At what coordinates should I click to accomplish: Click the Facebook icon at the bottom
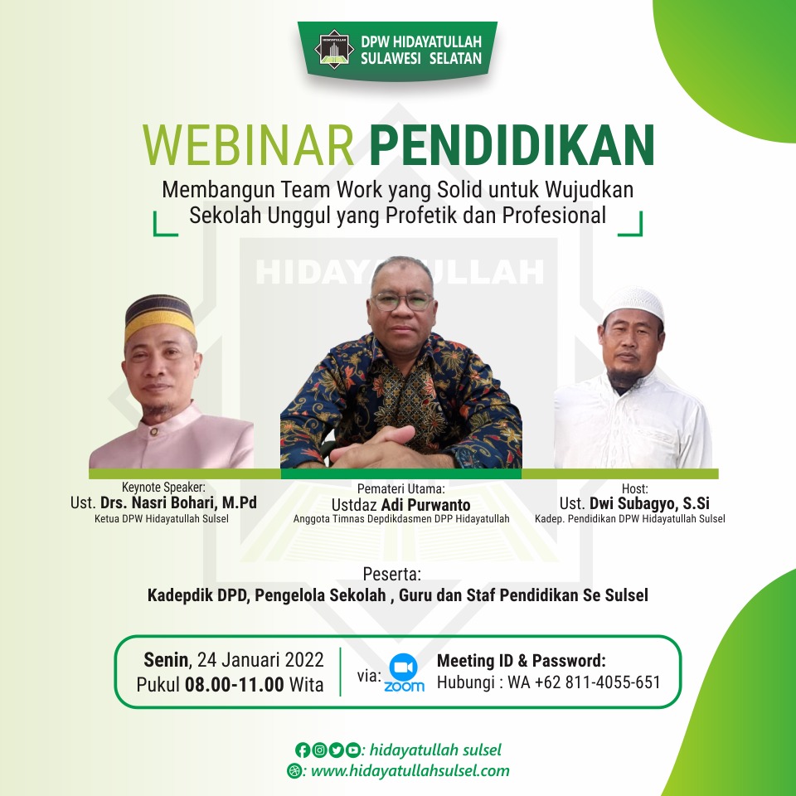tap(303, 750)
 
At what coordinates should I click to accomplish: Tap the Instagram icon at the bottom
tap(319, 750)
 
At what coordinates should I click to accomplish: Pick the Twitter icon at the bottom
tap(336, 750)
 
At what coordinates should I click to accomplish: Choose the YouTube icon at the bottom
tap(353, 750)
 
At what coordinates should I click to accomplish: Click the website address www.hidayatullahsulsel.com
tap(410, 770)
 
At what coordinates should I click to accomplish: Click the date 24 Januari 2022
tap(260, 660)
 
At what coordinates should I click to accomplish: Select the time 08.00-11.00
tap(234, 684)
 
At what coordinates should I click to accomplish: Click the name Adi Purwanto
tap(425, 505)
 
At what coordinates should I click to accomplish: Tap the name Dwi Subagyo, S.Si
tap(649, 503)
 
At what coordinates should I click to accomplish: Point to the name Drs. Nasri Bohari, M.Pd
tap(179, 502)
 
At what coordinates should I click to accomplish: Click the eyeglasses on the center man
tap(403, 302)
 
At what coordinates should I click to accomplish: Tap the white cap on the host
tap(633, 303)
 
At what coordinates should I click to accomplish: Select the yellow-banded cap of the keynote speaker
tap(159, 316)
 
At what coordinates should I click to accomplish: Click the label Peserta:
tap(392, 574)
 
